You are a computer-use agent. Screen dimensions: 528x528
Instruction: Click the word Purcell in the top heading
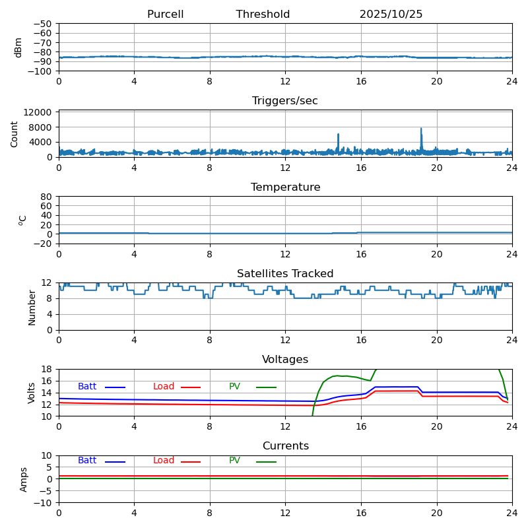165,15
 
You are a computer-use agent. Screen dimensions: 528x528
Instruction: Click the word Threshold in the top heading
263,15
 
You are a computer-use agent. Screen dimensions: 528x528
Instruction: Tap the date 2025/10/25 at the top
391,15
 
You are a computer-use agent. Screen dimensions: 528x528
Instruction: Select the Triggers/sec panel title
285,101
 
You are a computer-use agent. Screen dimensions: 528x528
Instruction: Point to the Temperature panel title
285,187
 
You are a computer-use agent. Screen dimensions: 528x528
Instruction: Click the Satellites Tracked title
285,274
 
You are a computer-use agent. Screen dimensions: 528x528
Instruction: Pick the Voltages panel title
285,360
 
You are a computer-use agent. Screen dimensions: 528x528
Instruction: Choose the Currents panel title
285,446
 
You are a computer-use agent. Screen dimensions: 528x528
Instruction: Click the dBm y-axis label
18,48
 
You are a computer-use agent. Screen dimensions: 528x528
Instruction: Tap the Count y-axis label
15,133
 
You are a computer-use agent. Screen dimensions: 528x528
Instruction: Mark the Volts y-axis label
32,393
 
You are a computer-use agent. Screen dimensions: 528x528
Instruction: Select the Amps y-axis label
24,479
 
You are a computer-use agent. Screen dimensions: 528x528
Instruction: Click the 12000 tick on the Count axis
39,113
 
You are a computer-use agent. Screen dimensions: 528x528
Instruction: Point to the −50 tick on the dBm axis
44,24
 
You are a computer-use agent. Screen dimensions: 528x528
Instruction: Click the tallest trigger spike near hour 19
421,129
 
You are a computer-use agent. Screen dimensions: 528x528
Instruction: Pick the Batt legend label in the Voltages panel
87,387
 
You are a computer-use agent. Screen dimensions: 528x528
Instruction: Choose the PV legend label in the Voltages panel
234,387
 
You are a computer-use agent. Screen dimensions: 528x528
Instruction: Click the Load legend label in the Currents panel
164,461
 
